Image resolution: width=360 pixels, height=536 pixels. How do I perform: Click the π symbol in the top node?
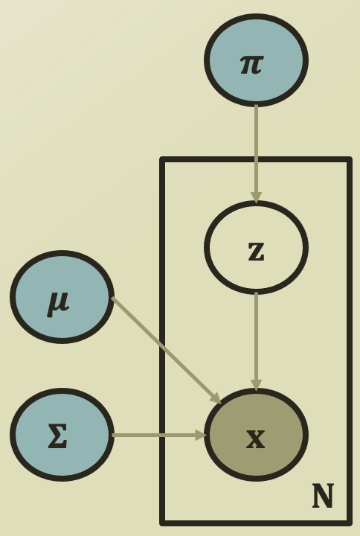click(251, 65)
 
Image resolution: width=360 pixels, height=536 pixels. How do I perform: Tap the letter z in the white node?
click(256, 252)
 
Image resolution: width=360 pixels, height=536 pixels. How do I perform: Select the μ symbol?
click(58, 304)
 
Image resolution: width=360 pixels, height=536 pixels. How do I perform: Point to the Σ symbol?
click(57, 435)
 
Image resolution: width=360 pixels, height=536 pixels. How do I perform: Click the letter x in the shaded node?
click(255, 439)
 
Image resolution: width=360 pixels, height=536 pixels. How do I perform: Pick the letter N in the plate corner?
click(323, 496)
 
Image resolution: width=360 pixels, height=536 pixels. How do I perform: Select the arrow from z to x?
click(256, 342)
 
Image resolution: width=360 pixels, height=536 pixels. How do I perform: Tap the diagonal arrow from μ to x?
click(167, 351)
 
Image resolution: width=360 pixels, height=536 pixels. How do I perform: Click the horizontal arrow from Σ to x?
click(159, 435)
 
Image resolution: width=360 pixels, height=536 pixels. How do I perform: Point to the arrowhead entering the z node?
click(256, 198)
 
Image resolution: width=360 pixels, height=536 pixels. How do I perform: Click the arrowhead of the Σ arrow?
click(201, 435)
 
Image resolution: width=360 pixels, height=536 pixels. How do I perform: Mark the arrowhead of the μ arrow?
click(216, 398)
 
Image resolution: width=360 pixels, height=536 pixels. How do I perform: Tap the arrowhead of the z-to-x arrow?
click(256, 386)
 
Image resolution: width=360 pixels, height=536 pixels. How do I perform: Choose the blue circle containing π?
click(256, 60)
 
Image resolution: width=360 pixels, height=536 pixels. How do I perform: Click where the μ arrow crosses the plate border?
click(163, 348)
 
